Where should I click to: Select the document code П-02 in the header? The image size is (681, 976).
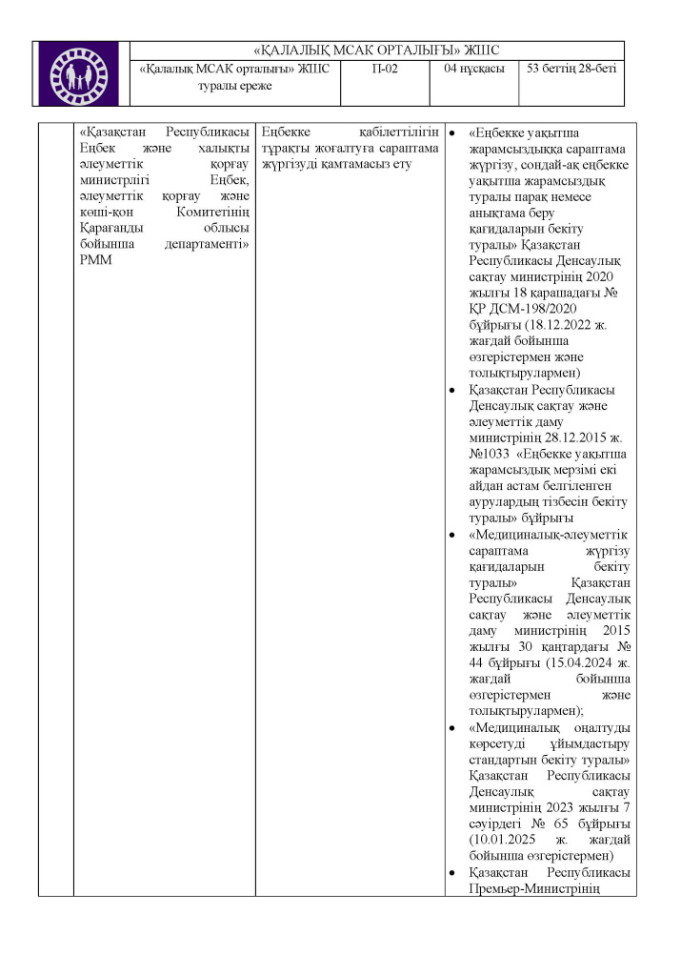coord(384,69)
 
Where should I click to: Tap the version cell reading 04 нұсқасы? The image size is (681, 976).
coord(473,69)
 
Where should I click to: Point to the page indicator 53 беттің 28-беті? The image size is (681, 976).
coord(571,69)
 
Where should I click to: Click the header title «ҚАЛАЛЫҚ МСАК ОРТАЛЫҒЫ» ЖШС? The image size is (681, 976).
coord(377,51)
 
